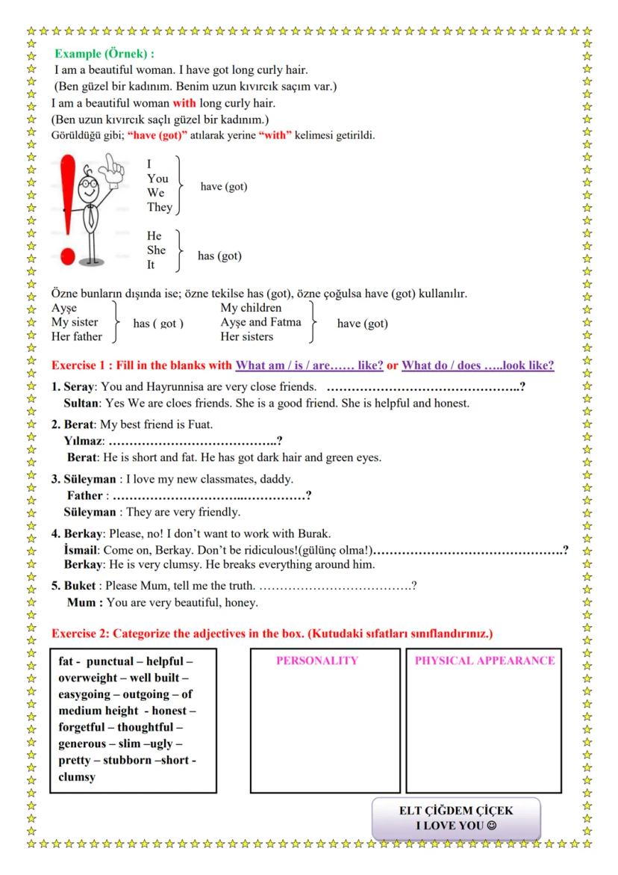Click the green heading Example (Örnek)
[x=104, y=55]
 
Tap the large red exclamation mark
[x=69, y=209]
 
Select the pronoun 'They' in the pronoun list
[x=159, y=207]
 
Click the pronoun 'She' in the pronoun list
[x=156, y=250]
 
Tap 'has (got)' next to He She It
[x=219, y=256]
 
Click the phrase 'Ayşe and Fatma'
[x=260, y=323]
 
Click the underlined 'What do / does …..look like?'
[x=478, y=365]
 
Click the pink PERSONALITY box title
[x=316, y=661]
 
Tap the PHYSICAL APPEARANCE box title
[x=484, y=661]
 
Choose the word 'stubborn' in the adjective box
[x=133, y=760]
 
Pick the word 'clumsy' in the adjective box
[x=77, y=777]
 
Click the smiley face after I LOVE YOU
[x=491, y=826]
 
